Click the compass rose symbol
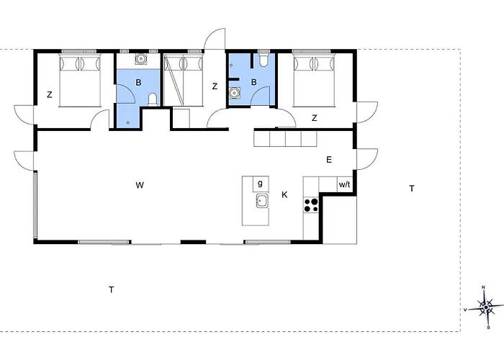click(x=486, y=307)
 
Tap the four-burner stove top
click(x=311, y=205)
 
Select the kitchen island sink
click(x=262, y=201)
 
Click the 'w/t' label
click(x=344, y=184)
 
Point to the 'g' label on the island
click(x=260, y=183)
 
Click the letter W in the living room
click(x=140, y=185)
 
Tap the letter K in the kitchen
click(x=284, y=195)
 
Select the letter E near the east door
click(x=329, y=160)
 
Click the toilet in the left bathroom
click(x=153, y=99)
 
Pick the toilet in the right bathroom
click(x=264, y=59)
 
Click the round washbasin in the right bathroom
click(x=234, y=93)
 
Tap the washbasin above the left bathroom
click(x=140, y=59)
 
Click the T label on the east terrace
click(x=412, y=189)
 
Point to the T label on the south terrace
click(x=111, y=290)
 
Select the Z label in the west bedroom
click(x=50, y=95)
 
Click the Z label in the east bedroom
click(x=315, y=118)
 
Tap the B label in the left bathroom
click(x=138, y=83)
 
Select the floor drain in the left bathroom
click(x=128, y=122)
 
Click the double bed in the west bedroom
click(x=80, y=81)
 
